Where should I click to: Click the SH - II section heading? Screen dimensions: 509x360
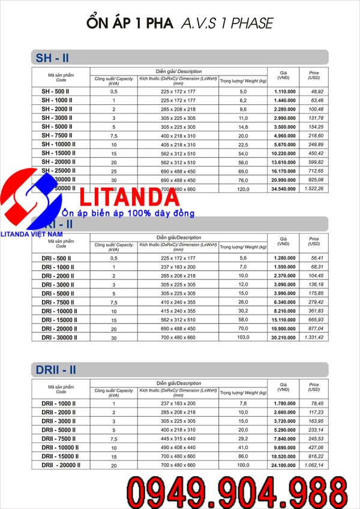[x=52, y=58]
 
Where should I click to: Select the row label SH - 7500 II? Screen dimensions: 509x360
[x=58, y=137]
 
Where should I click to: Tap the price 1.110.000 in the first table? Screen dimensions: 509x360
[x=285, y=91]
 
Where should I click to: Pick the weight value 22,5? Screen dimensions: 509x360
[x=243, y=144]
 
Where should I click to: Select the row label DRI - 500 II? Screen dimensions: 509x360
[x=58, y=258]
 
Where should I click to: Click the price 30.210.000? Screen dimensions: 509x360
[x=285, y=338]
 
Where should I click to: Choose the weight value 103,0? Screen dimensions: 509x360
[x=243, y=338]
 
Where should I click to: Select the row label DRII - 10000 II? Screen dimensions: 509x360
[x=61, y=447]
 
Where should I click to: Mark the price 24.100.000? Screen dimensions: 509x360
[x=285, y=465]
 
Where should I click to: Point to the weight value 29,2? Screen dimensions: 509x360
[x=243, y=438]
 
